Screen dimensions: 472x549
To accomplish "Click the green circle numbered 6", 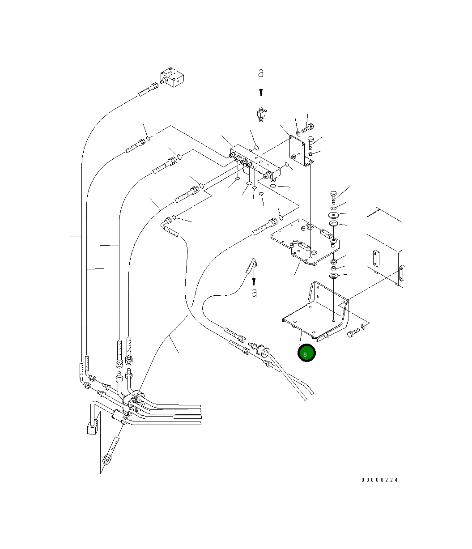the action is pyautogui.click(x=306, y=353).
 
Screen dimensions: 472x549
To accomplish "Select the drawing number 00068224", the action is pyautogui.click(x=379, y=480).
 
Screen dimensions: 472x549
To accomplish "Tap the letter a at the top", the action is pyautogui.click(x=261, y=73).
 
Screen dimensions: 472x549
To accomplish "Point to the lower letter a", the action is pyautogui.click(x=254, y=293).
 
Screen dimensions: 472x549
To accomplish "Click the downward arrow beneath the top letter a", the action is pyautogui.click(x=261, y=87).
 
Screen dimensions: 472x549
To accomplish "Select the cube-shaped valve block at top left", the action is pyautogui.click(x=172, y=77).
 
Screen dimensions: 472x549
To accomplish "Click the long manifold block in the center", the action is pyautogui.click(x=255, y=162).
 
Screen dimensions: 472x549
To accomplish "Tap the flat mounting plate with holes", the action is pyautogui.click(x=305, y=241).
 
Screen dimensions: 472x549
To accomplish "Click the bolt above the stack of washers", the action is pyautogui.click(x=333, y=197).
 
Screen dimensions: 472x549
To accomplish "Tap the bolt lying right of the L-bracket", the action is pyautogui.click(x=353, y=332).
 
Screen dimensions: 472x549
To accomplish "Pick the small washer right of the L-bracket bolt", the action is pyautogui.click(x=363, y=327).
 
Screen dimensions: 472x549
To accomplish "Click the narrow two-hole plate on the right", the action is pyautogui.click(x=376, y=258).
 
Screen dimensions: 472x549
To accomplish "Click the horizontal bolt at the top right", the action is pyautogui.click(x=308, y=128).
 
